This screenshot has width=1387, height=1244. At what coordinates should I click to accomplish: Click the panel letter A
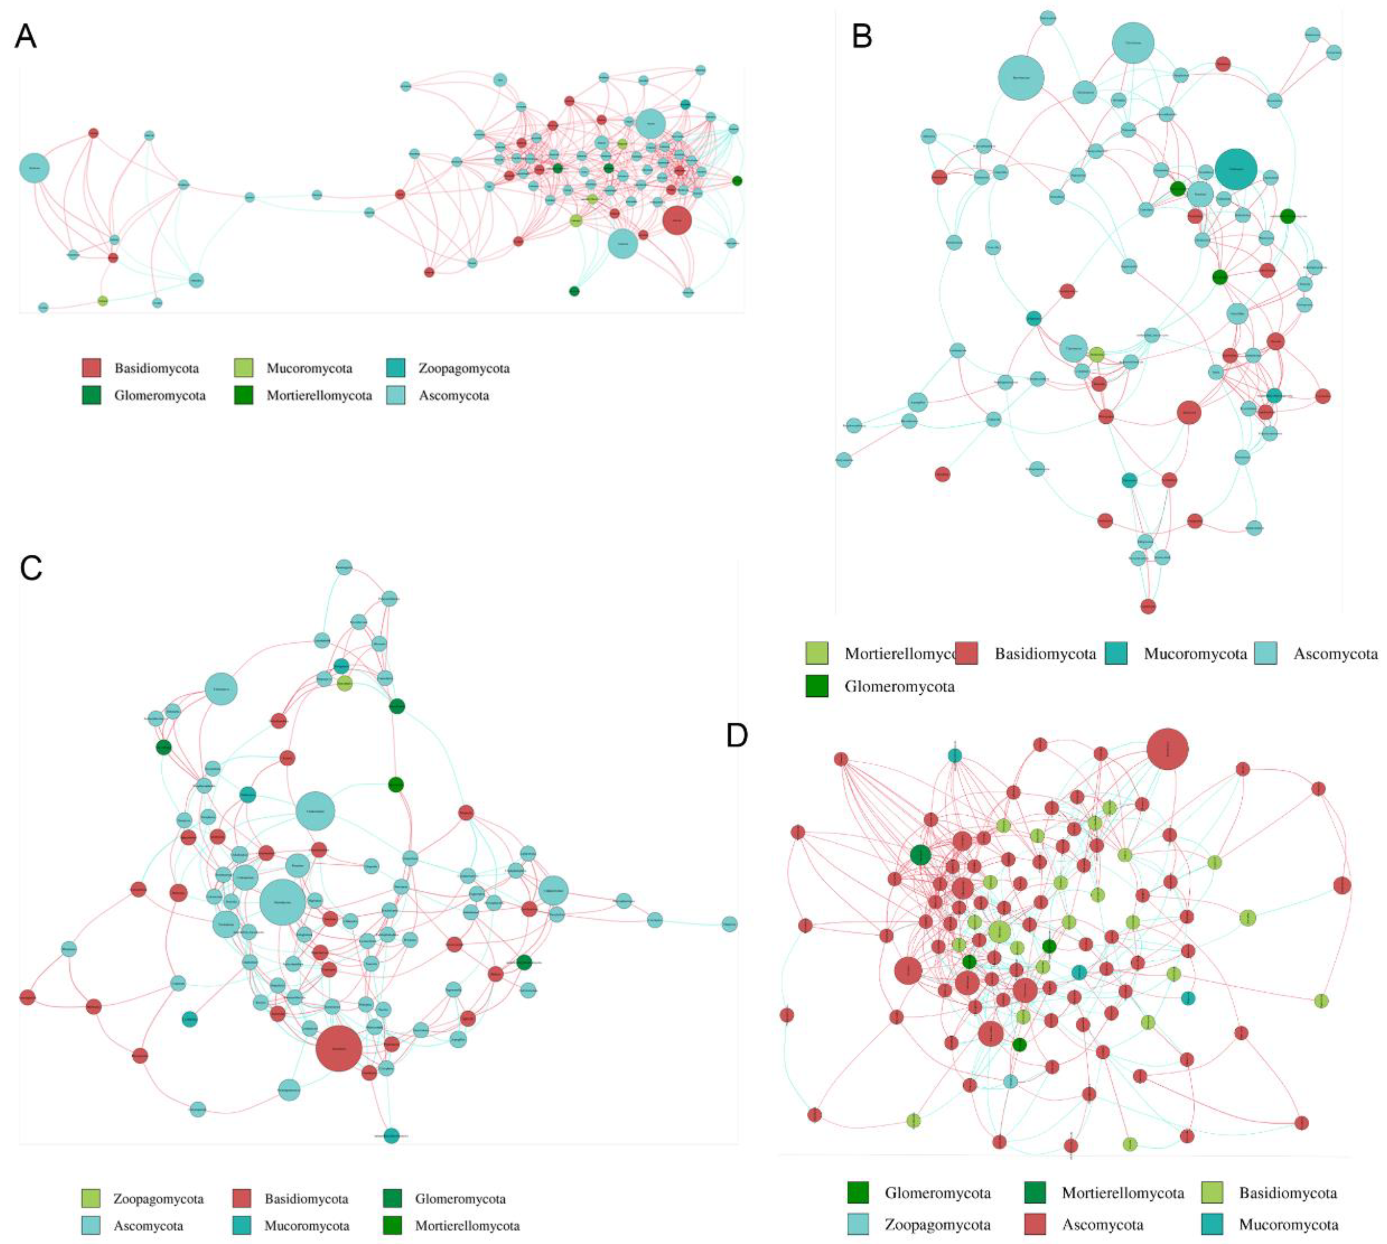[25, 36]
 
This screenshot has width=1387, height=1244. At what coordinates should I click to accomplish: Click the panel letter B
[861, 36]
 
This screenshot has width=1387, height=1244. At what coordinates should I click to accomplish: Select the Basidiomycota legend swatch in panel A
[92, 368]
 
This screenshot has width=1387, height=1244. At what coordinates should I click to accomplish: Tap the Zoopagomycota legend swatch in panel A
[395, 368]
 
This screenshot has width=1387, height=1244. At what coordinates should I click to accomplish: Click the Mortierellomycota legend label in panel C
[467, 1226]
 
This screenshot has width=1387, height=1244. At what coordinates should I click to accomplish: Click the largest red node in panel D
[1167, 749]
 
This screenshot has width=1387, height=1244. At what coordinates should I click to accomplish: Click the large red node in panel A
[677, 220]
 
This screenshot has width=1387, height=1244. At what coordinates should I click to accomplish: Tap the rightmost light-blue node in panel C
[729, 924]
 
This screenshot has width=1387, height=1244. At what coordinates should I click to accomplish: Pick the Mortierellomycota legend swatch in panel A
[243, 395]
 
